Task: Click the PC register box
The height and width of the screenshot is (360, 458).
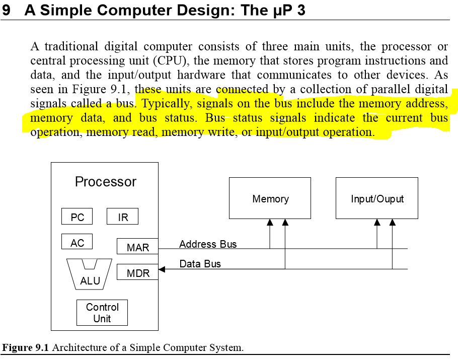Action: click(x=77, y=217)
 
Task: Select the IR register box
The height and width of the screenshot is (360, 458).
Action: click(x=122, y=217)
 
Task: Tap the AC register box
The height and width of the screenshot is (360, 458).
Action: click(x=77, y=242)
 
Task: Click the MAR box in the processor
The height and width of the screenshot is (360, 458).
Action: click(x=137, y=247)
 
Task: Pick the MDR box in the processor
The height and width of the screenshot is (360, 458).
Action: click(x=137, y=273)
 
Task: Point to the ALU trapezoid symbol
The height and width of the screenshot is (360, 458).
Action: click(x=90, y=275)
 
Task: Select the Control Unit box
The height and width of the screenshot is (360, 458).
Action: click(x=102, y=313)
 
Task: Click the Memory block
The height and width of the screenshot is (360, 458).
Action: click(x=270, y=198)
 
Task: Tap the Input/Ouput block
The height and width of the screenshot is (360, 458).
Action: click(x=377, y=198)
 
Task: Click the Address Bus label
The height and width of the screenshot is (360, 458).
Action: click(x=207, y=244)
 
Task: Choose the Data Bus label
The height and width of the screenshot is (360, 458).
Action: click(x=200, y=264)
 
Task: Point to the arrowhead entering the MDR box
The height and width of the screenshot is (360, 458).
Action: click(x=162, y=269)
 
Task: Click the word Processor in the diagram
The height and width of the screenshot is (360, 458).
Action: click(x=105, y=182)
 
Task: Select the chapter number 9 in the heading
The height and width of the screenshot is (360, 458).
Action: click(x=6, y=10)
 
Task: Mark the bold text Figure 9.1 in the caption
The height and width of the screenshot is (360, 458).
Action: click(x=26, y=348)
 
